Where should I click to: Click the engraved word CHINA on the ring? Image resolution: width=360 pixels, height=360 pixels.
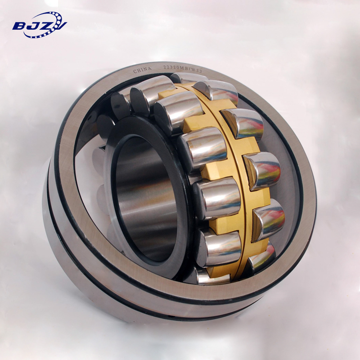point(142,71)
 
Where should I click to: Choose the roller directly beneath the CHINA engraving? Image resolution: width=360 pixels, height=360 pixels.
point(148,92)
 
